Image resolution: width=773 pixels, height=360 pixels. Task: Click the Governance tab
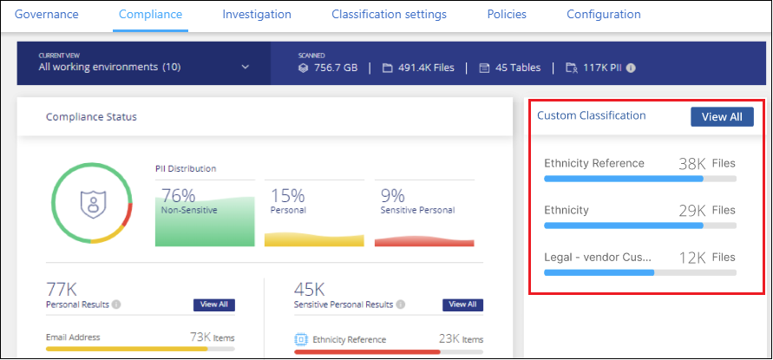click(47, 15)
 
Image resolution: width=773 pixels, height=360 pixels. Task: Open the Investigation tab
click(257, 15)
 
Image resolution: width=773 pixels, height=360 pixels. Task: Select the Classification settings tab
click(389, 15)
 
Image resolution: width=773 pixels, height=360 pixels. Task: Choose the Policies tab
click(507, 15)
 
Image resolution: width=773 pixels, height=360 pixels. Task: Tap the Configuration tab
click(604, 15)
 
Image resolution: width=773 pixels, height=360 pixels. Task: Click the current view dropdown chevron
click(246, 67)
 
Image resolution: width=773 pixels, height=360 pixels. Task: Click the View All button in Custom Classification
click(722, 117)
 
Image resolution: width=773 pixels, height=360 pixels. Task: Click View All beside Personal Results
click(213, 304)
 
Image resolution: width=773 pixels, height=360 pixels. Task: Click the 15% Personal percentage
click(287, 197)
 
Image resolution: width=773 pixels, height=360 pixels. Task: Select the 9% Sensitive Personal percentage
click(392, 197)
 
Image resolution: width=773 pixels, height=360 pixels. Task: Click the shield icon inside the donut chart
click(91, 202)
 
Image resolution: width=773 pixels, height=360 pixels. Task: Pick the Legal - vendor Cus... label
click(598, 257)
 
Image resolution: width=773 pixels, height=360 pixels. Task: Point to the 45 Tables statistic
click(510, 68)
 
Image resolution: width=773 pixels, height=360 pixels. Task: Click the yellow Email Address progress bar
click(127, 349)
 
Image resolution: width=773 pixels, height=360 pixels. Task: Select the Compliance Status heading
click(91, 116)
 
